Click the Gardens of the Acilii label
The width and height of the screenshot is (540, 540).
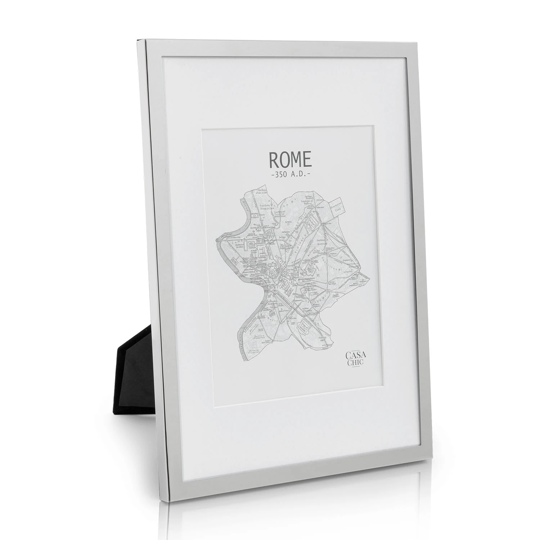(263, 197)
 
